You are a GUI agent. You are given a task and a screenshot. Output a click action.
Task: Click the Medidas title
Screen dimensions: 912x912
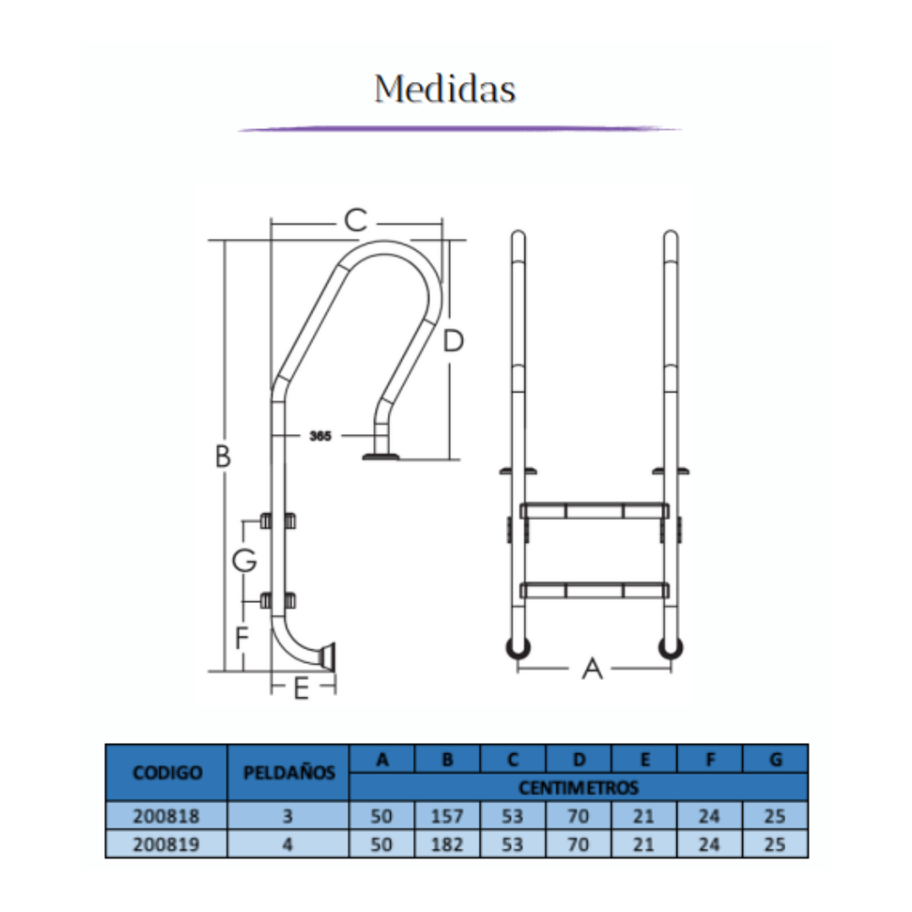[x=445, y=89]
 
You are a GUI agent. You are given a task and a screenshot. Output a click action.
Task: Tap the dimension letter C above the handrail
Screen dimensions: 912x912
[x=356, y=220]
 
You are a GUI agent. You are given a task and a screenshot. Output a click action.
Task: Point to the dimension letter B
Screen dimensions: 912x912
[x=223, y=457]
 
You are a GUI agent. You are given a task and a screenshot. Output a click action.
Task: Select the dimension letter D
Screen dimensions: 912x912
[x=453, y=341]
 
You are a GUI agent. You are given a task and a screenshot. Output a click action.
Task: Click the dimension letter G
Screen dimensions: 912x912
[x=244, y=561]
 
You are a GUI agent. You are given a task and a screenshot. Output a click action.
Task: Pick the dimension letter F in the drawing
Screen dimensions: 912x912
[x=242, y=638]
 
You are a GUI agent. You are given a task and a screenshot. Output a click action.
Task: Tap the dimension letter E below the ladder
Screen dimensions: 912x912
[x=301, y=689]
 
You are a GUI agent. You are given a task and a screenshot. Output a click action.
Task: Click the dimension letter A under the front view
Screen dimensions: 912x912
[x=592, y=669]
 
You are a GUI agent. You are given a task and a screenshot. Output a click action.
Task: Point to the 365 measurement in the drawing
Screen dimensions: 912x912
[x=320, y=436]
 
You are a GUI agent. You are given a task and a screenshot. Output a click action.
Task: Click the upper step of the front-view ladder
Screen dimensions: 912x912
[x=594, y=511]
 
